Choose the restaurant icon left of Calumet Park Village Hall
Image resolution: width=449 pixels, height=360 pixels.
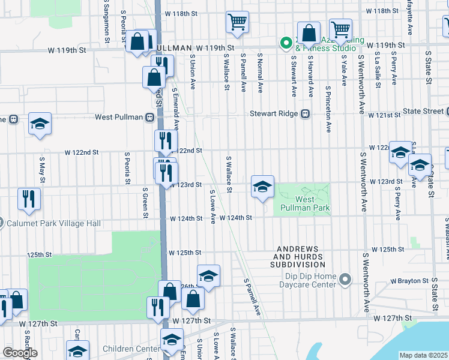coord(29,199)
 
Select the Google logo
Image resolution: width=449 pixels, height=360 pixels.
coord(20,352)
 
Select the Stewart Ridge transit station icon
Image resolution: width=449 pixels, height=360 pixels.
coord(305,113)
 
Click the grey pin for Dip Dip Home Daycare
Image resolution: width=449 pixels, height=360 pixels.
coord(345,280)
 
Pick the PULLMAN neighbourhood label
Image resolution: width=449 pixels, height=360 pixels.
coord(172,47)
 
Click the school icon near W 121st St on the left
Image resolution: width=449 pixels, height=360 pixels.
coord(40,124)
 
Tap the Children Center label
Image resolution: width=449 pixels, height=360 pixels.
coord(130,349)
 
